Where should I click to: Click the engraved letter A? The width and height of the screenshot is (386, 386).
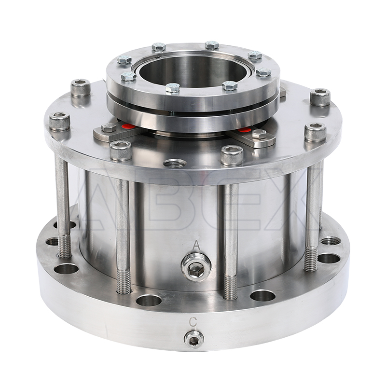click(196, 245)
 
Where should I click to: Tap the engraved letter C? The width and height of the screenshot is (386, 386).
click(193, 322)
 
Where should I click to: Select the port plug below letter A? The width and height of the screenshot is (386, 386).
click(196, 267)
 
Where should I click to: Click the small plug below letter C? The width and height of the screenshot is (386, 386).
click(194, 340)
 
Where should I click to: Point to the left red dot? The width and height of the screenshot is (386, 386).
click(128, 127)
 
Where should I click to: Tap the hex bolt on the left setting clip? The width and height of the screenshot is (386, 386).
click(109, 127)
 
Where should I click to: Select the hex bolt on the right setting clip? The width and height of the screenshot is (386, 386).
click(259, 134)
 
